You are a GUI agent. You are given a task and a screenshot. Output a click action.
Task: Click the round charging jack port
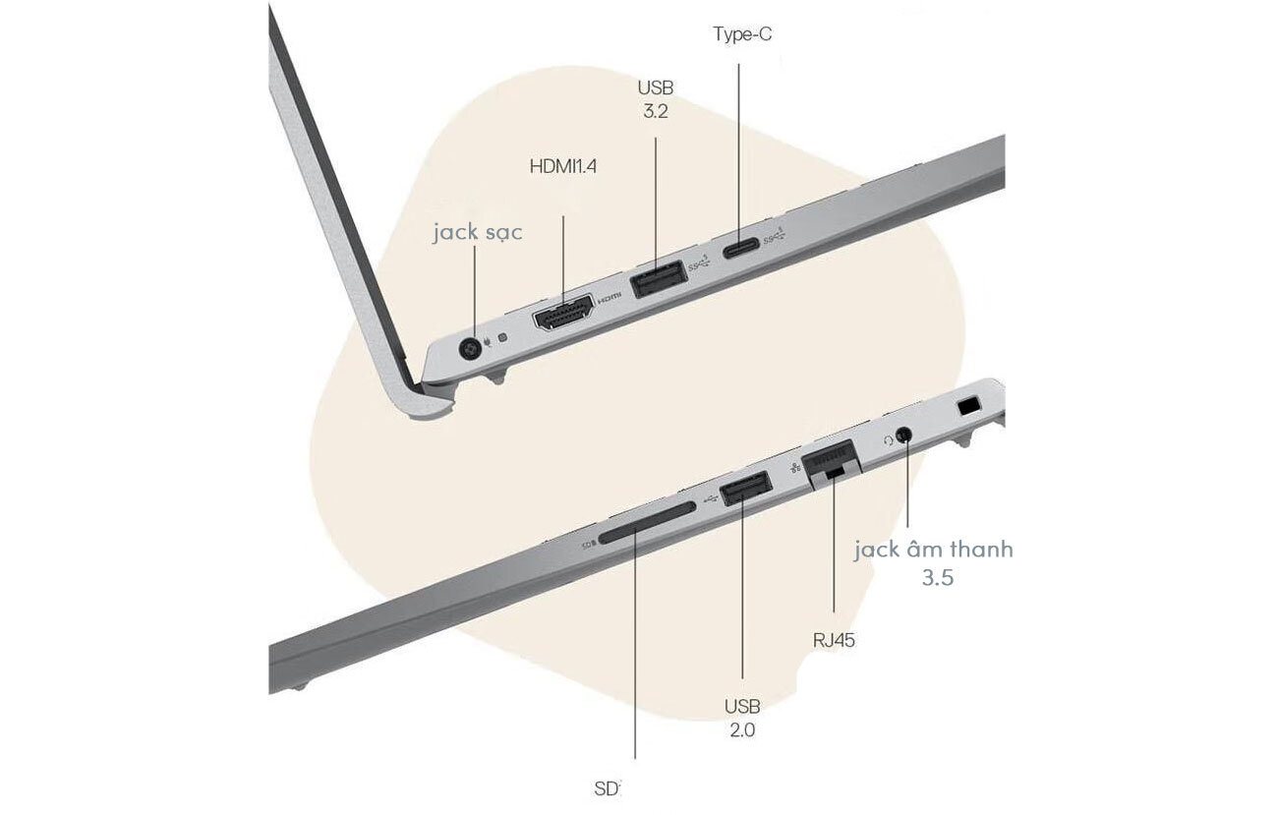tap(470, 348)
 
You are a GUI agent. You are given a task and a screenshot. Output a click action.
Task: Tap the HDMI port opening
tap(563, 313)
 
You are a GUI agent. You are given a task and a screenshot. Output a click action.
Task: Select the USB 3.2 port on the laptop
tap(659, 278)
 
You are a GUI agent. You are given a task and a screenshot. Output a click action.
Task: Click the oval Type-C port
tap(741, 248)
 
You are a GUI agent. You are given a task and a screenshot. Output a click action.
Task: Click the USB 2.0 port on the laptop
tap(746, 489)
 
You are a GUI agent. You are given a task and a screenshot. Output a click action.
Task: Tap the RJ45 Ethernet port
tap(831, 463)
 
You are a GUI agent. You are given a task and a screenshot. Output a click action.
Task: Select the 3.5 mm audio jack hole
tap(903, 435)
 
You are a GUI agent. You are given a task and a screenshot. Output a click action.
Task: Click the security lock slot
tap(968, 407)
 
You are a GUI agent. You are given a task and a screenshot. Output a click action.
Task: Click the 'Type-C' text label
tap(742, 34)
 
